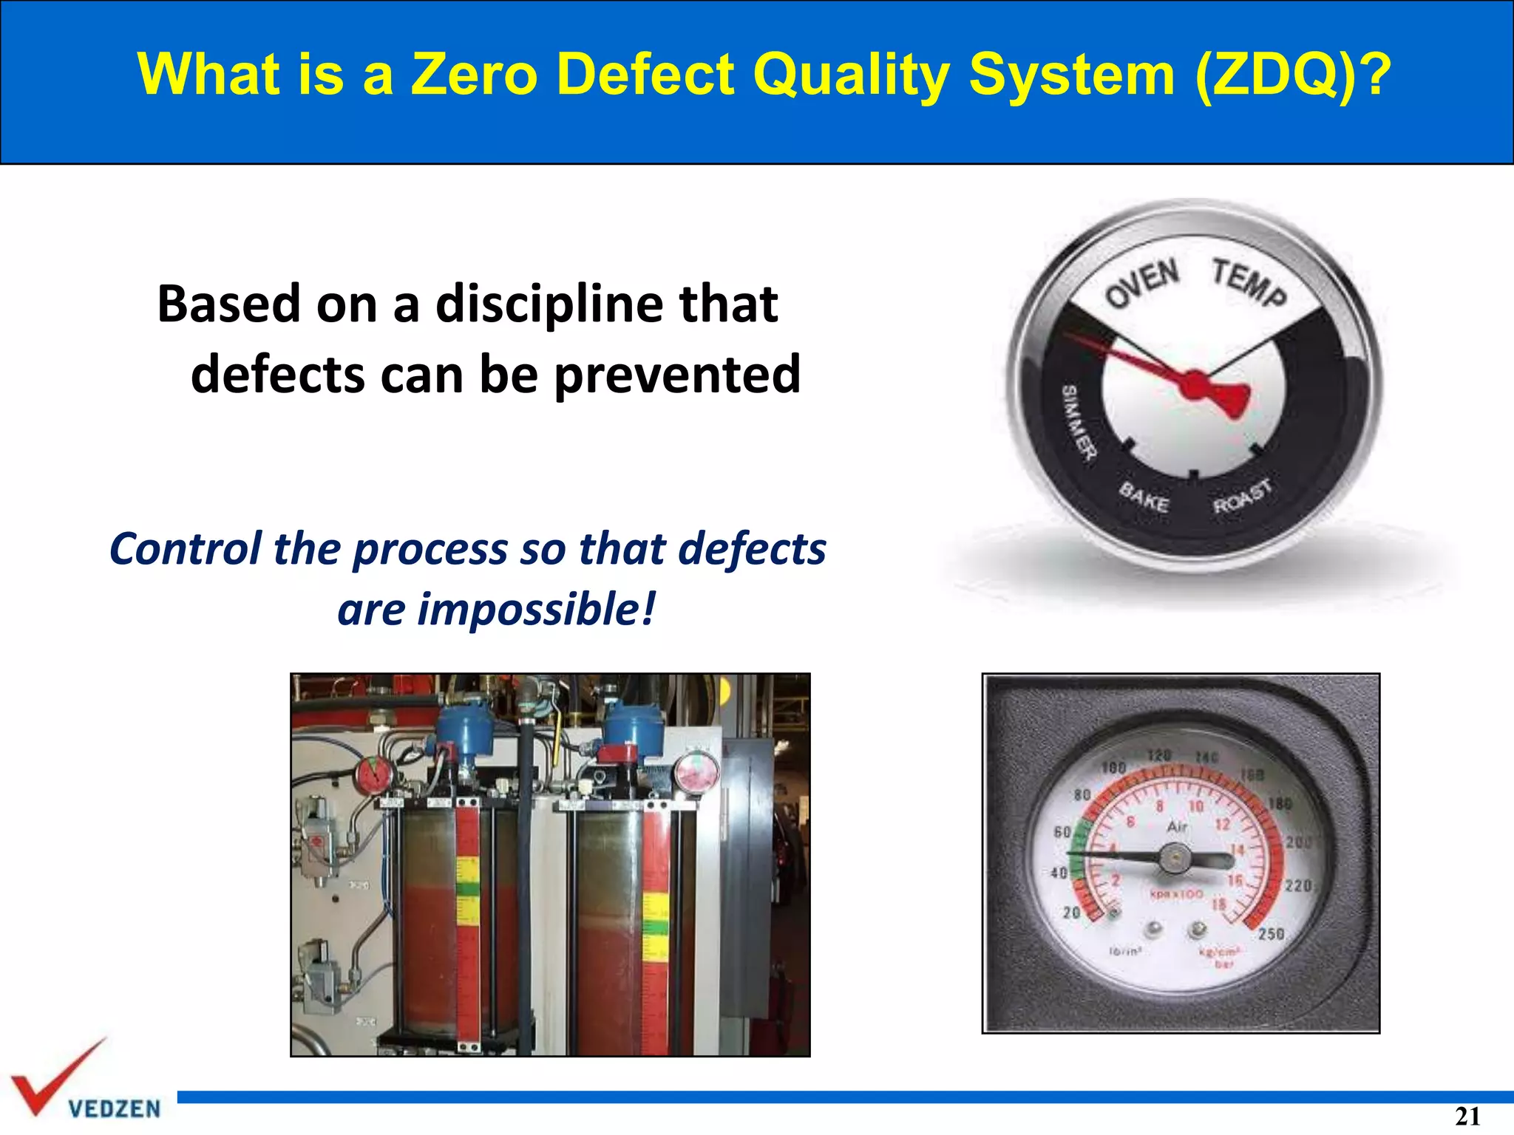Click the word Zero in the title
click(x=474, y=75)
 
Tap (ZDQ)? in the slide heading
click(x=1293, y=75)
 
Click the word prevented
click(x=677, y=374)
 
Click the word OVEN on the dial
click(x=1142, y=282)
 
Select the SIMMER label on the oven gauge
click(x=1079, y=423)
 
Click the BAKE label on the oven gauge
click(x=1144, y=497)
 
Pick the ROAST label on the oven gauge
click(x=1243, y=495)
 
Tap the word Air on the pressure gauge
click(x=1177, y=827)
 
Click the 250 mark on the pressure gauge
click(x=1271, y=934)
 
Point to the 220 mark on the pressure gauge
click(x=1298, y=885)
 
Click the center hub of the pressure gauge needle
click(x=1174, y=859)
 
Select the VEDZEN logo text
click(x=114, y=1108)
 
